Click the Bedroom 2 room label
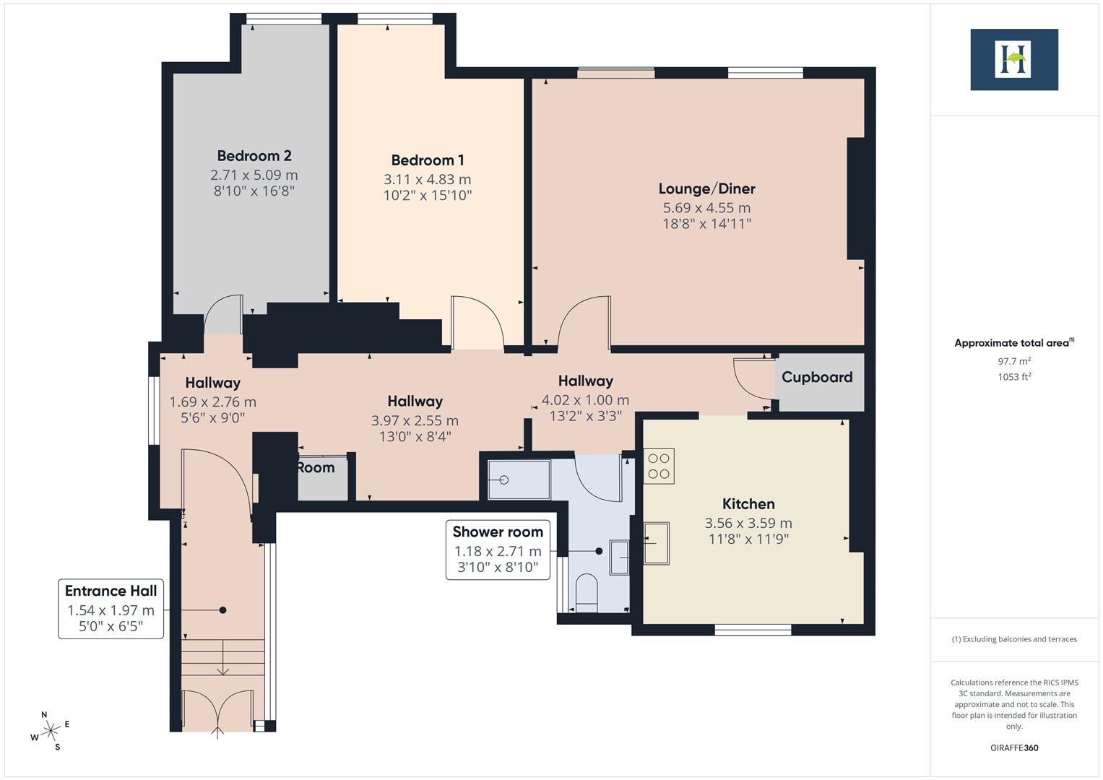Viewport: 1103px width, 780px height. (254, 156)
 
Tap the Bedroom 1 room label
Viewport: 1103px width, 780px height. (428, 160)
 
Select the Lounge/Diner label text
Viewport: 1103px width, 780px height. (706, 188)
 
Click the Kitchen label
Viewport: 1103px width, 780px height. (748, 504)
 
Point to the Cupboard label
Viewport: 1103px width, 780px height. (817, 377)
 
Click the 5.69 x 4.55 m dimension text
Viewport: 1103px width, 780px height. (706, 208)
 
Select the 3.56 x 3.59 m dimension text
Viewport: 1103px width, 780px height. (748, 523)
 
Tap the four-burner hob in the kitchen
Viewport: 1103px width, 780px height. (659, 466)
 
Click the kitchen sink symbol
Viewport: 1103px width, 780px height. (656, 542)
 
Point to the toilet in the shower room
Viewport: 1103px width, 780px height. (587, 592)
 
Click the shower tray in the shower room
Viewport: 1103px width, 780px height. (518, 480)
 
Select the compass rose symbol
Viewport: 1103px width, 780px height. (51, 731)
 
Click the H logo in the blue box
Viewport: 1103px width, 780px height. (1013, 60)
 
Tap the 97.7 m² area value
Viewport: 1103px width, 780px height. (1013, 361)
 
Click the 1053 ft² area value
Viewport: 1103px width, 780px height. (1013, 376)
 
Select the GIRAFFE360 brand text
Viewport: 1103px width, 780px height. (1013, 747)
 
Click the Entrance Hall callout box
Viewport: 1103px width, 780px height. (111, 608)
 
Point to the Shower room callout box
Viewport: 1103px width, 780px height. (498, 550)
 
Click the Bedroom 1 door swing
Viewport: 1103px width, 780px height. (477, 321)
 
